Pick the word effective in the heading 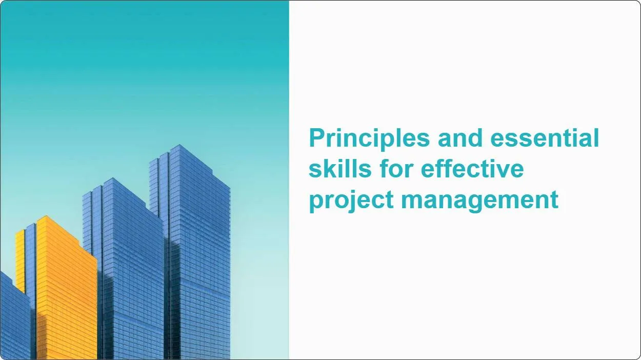pyautogui.click(x=472, y=169)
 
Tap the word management pyautogui.click(x=480, y=200)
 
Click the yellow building pyautogui.click(x=64, y=292)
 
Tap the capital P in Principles pyautogui.click(x=317, y=138)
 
